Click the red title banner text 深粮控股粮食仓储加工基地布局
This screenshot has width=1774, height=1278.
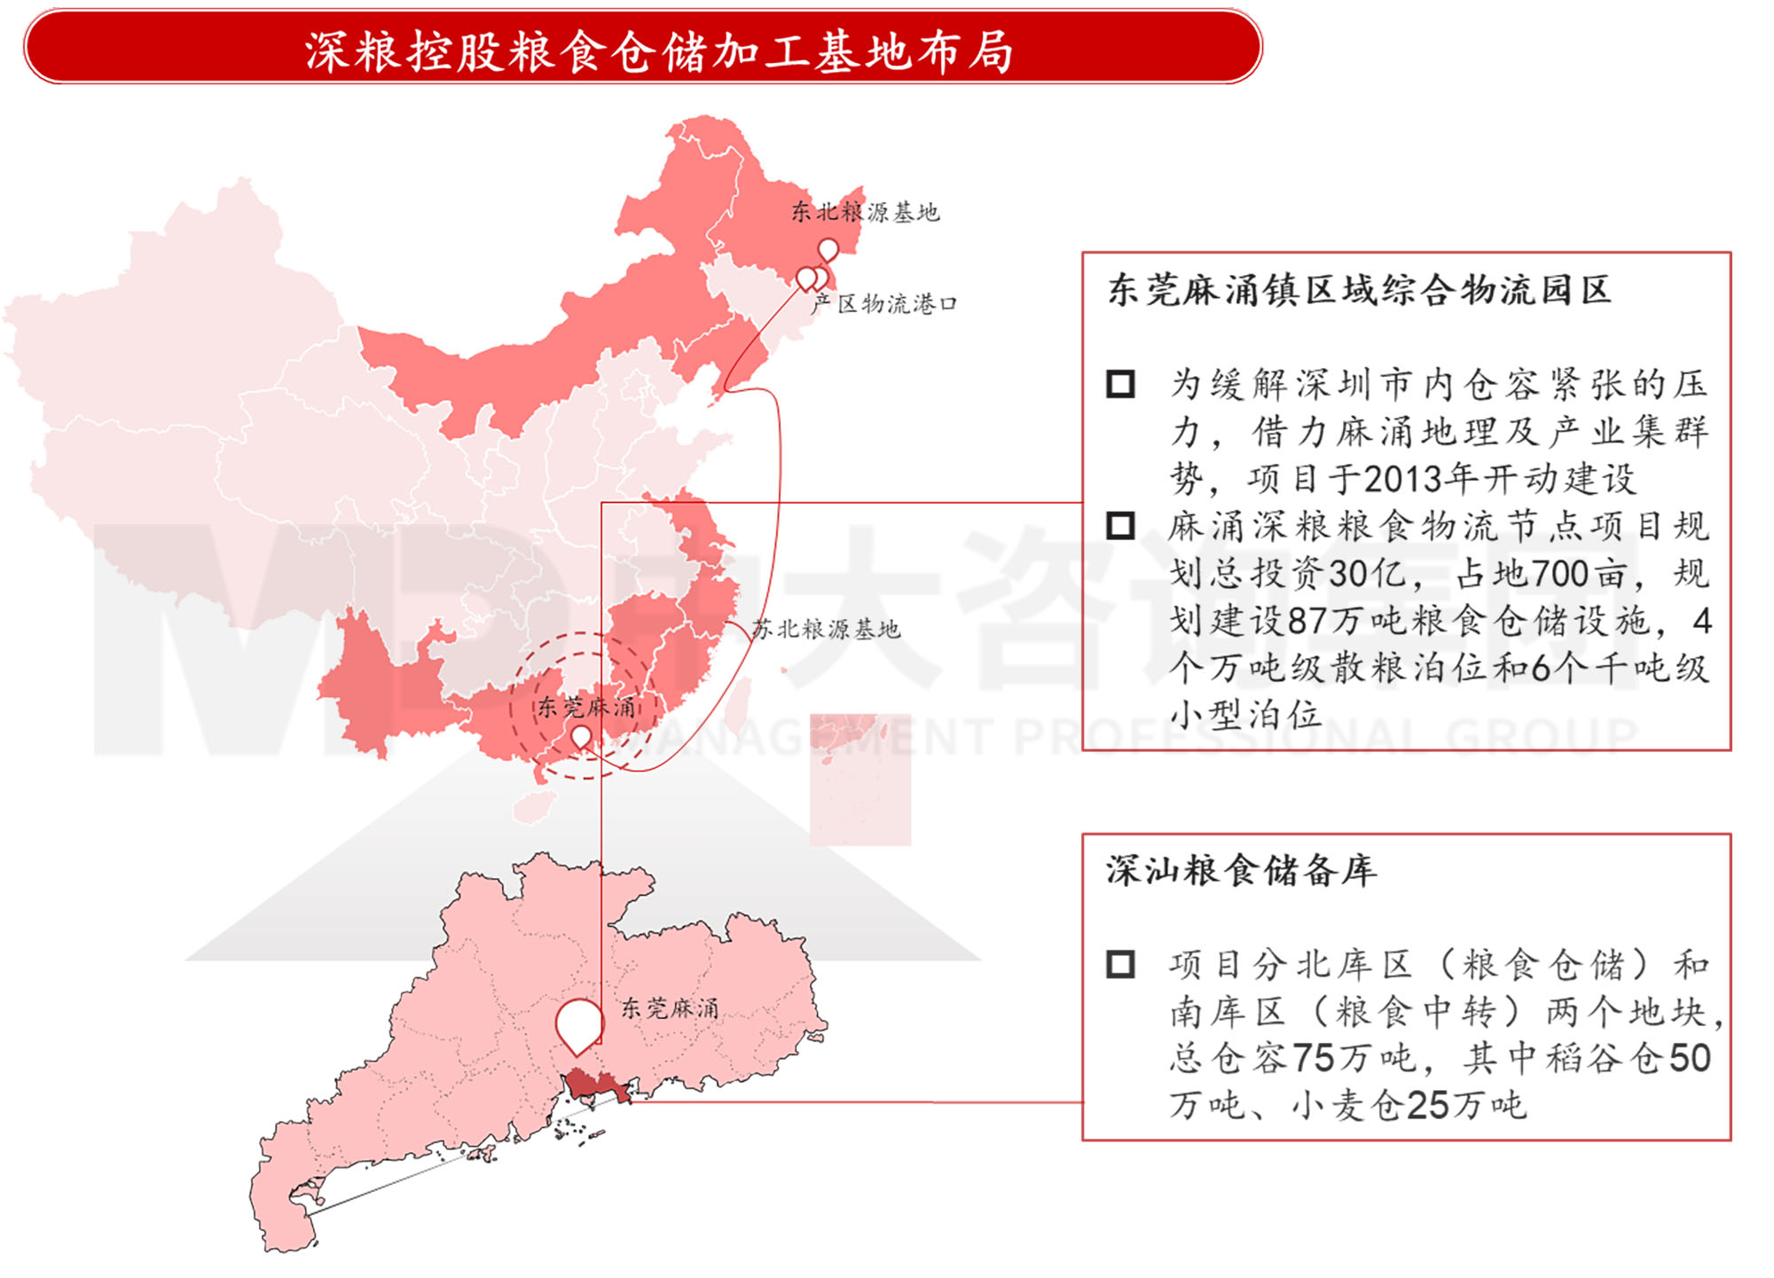pyautogui.click(x=658, y=51)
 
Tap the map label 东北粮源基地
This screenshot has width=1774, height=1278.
pyautogui.click(x=865, y=212)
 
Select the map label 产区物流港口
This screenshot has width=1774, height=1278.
pyautogui.click(x=884, y=304)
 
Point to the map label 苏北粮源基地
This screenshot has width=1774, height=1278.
pyautogui.click(x=826, y=629)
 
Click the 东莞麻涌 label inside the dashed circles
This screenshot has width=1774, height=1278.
pyautogui.click(x=587, y=707)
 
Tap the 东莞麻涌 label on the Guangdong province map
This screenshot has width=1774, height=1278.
pyautogui.click(x=670, y=1008)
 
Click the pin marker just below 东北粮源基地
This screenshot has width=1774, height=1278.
pyautogui.click(x=828, y=249)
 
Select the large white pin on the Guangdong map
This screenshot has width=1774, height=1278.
pyautogui.click(x=579, y=1023)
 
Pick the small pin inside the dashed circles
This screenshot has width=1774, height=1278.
pyautogui.click(x=581, y=735)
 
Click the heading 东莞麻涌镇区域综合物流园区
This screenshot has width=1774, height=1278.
pyautogui.click(x=1359, y=290)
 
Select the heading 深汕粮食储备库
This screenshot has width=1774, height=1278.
pyautogui.click(x=1241, y=870)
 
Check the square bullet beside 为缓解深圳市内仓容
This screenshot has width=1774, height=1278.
pyautogui.click(x=1120, y=384)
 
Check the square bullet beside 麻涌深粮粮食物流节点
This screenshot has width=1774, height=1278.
pyautogui.click(x=1120, y=526)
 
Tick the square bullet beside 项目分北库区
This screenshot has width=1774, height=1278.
pyautogui.click(x=1120, y=964)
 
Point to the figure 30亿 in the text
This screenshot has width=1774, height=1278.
pyautogui.click(x=1366, y=574)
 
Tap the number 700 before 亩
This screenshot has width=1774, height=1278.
pyautogui.click(x=1557, y=574)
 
